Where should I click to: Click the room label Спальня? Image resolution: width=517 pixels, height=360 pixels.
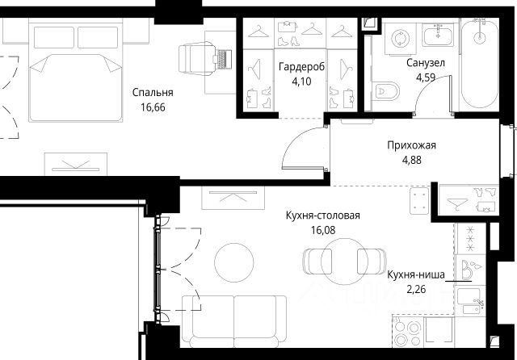153,93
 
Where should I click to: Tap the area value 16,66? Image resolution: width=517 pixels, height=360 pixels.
153,107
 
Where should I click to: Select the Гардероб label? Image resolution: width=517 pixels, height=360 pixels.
301,67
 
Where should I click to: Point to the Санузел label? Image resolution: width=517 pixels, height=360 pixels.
426,63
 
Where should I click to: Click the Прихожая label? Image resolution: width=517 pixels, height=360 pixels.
411,145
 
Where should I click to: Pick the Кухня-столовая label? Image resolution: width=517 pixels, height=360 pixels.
323,216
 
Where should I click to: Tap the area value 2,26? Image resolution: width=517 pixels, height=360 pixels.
416,289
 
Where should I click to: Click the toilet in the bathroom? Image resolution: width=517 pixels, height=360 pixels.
386,90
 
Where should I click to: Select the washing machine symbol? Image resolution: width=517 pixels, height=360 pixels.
401,39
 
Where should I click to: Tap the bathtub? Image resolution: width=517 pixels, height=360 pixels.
479,63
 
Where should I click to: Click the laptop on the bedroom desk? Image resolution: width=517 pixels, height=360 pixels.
223,59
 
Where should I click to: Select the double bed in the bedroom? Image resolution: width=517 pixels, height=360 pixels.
75,70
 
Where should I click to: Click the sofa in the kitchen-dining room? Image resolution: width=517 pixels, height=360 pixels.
234,321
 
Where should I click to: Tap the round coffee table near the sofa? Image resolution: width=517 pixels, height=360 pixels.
234,262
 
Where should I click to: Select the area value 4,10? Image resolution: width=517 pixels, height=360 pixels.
301,82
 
